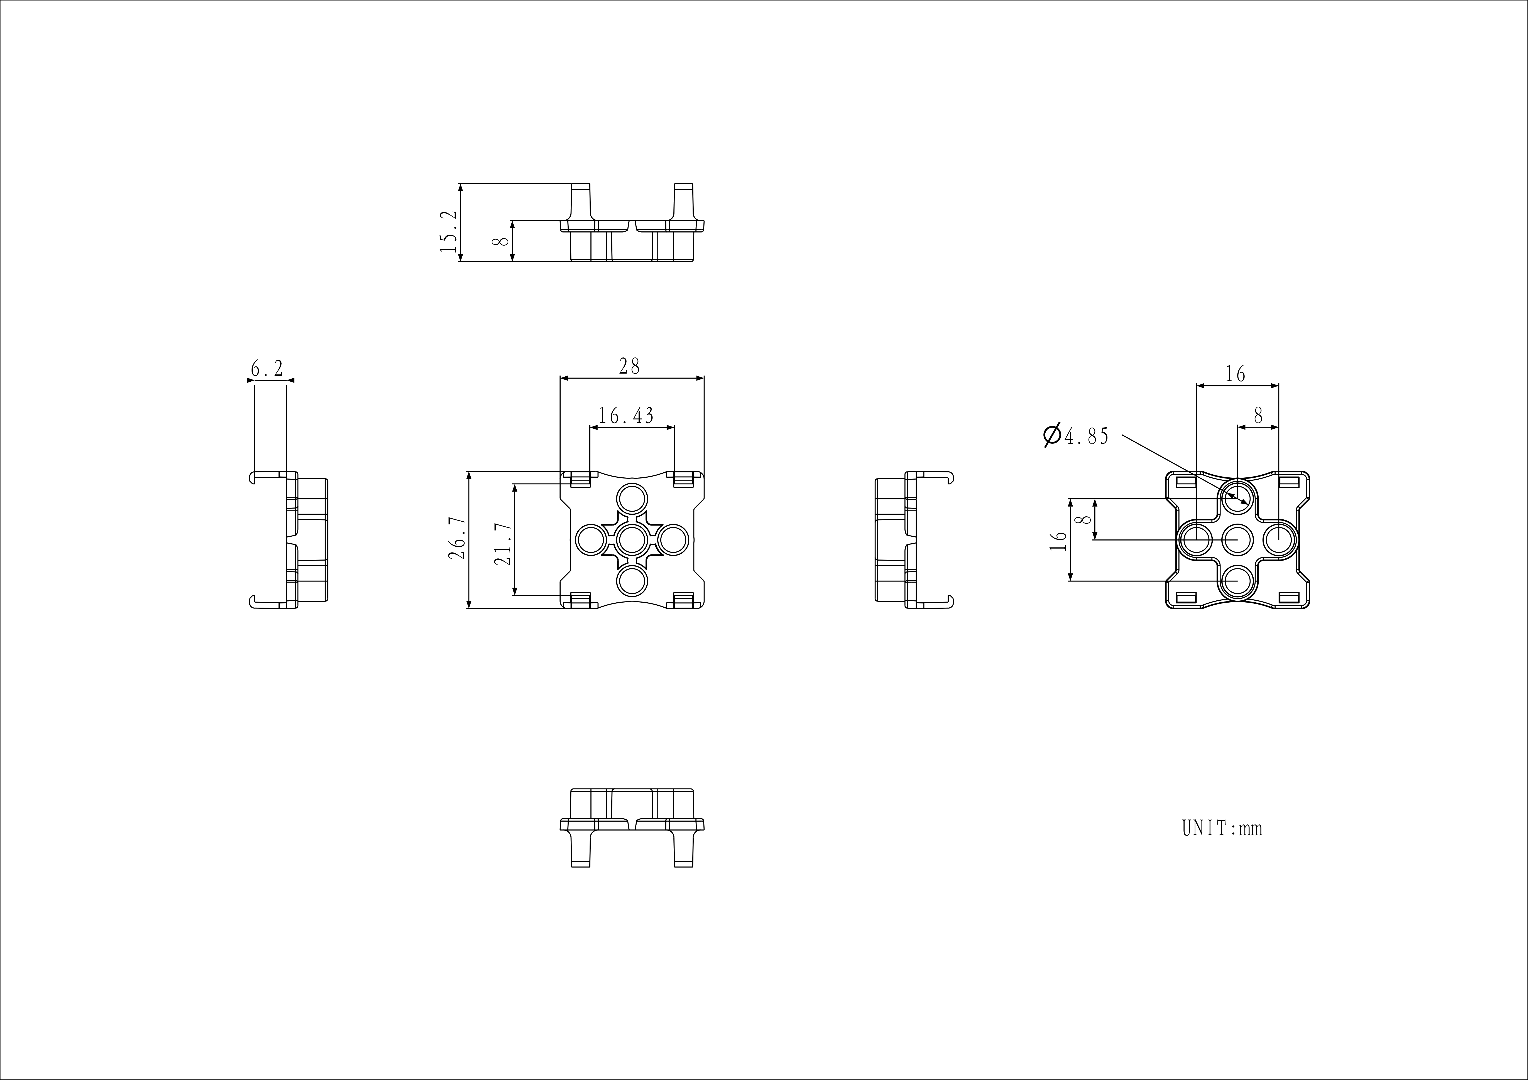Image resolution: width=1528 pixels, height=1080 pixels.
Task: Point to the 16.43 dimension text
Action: point(626,416)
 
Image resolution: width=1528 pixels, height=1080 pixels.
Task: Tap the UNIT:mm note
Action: point(1222,829)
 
